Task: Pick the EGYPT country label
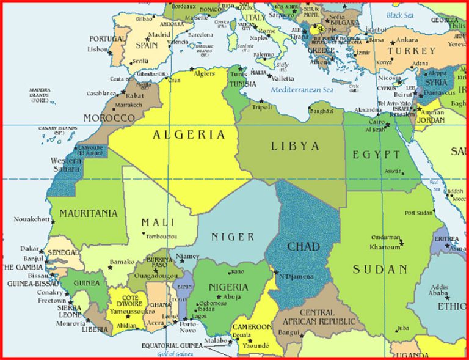coord(377,154)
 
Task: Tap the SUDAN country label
coord(380,269)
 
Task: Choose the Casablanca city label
coord(101,94)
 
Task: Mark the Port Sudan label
coord(419,213)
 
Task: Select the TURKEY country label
coord(412,51)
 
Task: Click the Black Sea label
coord(400,15)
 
